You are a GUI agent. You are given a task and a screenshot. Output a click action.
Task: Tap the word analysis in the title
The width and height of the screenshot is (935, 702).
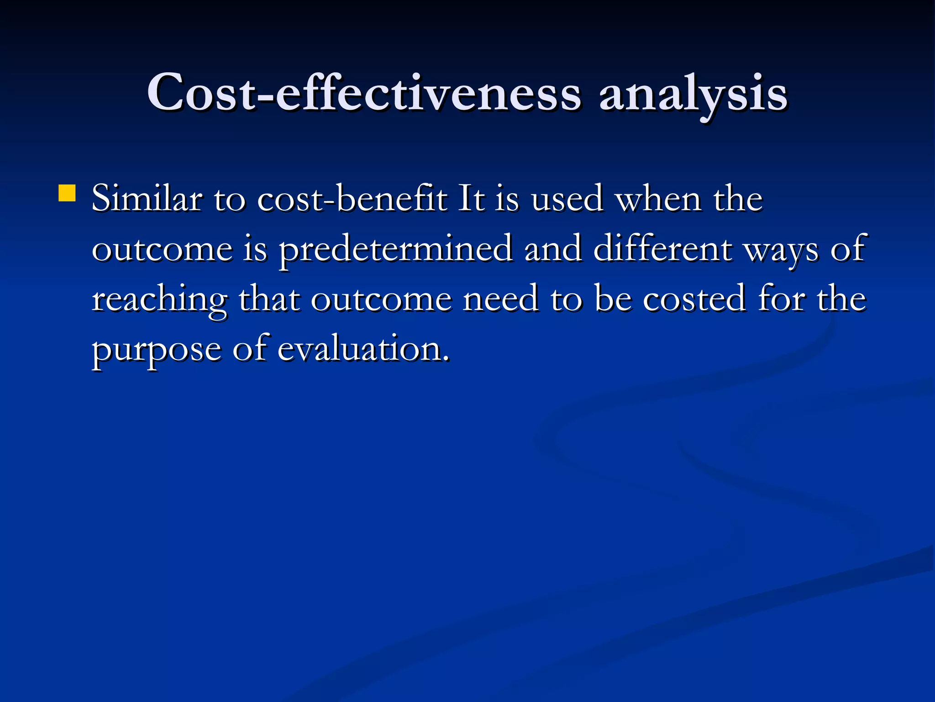[693, 94]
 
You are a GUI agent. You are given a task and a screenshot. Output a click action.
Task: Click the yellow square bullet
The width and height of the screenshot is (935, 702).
[67, 193]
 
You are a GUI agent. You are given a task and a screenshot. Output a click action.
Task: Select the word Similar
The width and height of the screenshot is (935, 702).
[147, 199]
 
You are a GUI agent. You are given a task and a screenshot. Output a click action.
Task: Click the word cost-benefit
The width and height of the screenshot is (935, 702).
[352, 199]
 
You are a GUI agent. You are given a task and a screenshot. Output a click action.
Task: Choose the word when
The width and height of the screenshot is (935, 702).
[659, 199]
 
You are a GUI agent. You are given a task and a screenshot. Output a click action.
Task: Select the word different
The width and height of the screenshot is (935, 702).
[662, 249]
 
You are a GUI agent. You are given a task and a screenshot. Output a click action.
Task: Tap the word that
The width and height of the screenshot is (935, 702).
[269, 299]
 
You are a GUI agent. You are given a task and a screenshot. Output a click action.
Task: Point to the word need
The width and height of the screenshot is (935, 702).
[500, 299]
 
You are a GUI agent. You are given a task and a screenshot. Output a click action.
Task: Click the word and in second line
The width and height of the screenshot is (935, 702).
[553, 249]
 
